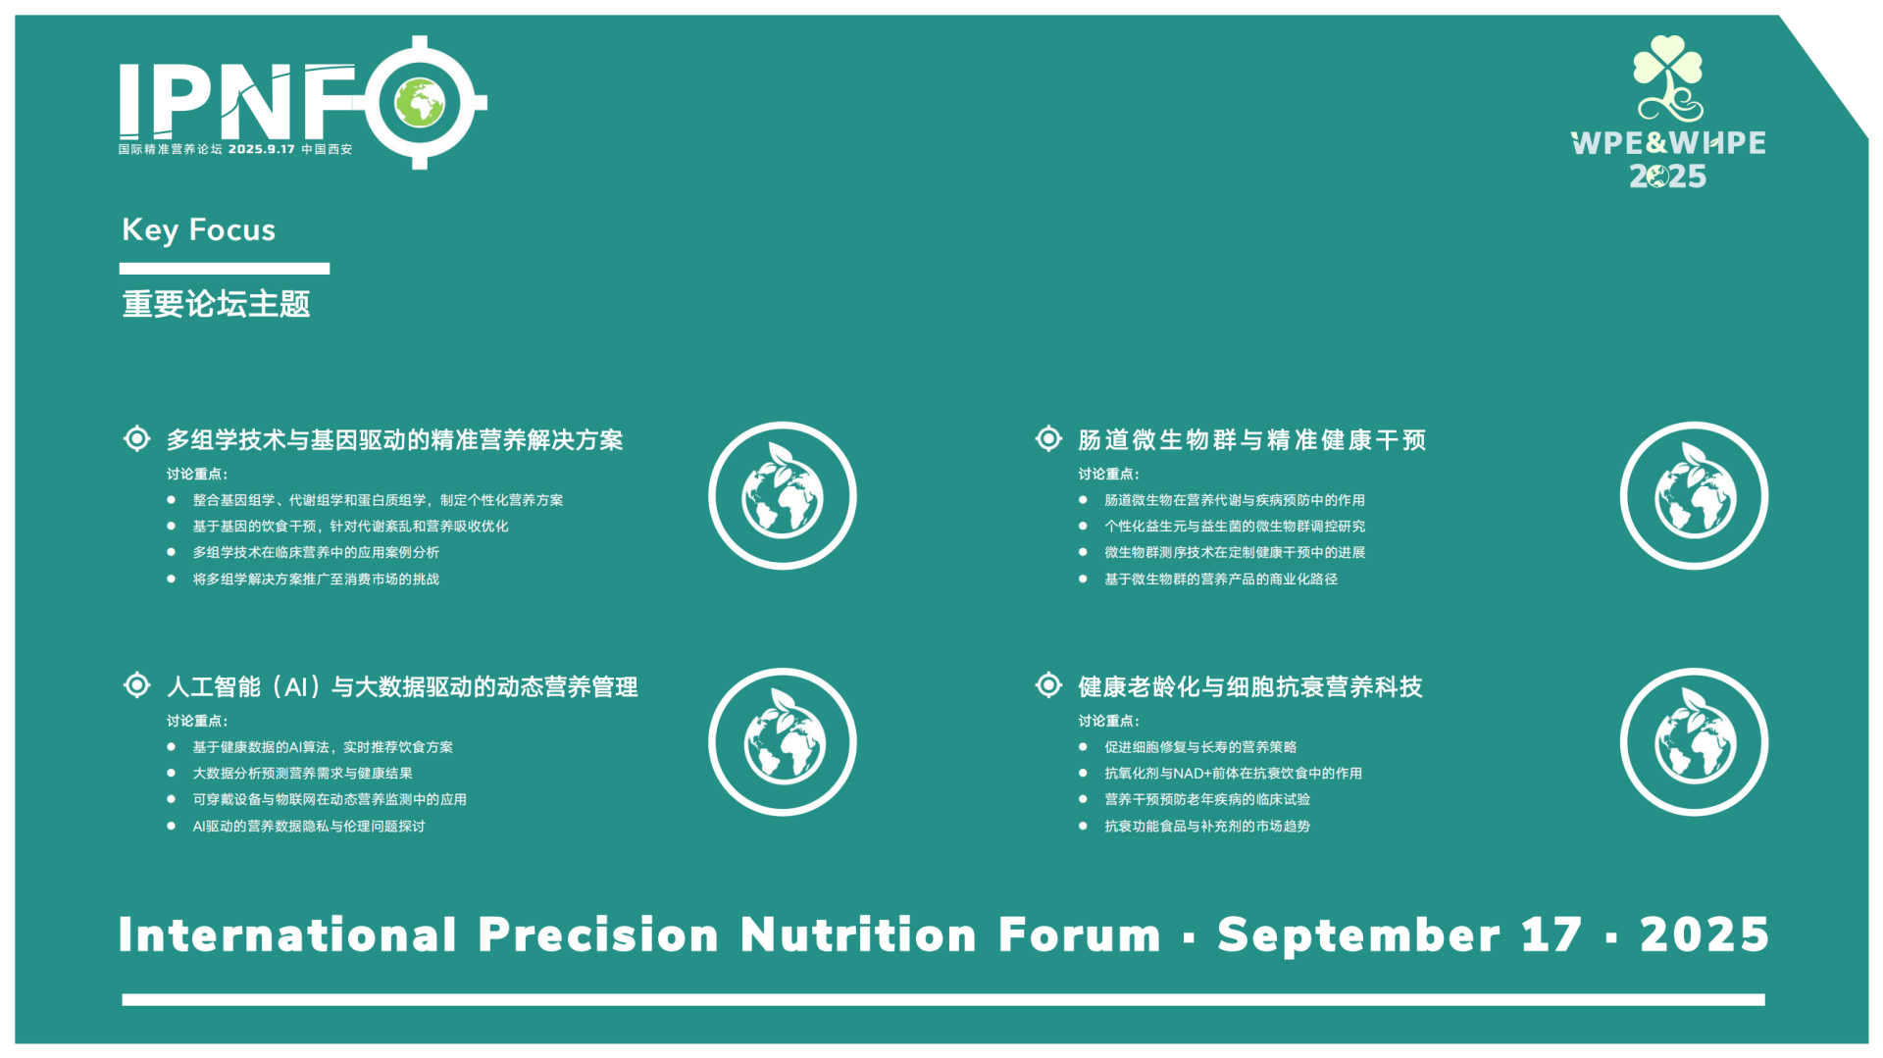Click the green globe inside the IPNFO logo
pyautogui.click(x=420, y=102)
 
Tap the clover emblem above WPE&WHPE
pyautogui.click(x=1667, y=78)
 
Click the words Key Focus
pyautogui.click(x=199, y=229)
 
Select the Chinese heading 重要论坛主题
pyautogui.click(x=216, y=304)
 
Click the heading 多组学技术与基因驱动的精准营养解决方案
pyautogui.click(x=394, y=440)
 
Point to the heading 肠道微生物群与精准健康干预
pyautogui.click(x=1251, y=440)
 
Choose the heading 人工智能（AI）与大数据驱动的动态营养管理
pyautogui.click(x=402, y=687)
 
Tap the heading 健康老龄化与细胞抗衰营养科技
pyautogui.click(x=1250, y=687)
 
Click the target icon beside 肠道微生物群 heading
pyautogui.click(x=1048, y=438)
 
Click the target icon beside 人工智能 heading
pyautogui.click(x=137, y=684)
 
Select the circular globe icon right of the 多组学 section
pyautogui.click(x=783, y=495)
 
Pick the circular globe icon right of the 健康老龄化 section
pyautogui.click(x=1694, y=742)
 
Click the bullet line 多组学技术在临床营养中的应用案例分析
pyautogui.click(x=316, y=553)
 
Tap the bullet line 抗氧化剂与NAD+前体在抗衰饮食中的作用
pyautogui.click(x=1233, y=774)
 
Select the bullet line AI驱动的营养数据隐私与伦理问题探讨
pyautogui.click(x=309, y=827)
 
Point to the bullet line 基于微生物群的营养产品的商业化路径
pyautogui.click(x=1221, y=579)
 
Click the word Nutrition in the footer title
pyautogui.click(x=858, y=934)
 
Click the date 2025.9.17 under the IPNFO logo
pyautogui.click(x=262, y=149)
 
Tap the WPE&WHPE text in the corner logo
pyautogui.click(x=1668, y=143)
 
